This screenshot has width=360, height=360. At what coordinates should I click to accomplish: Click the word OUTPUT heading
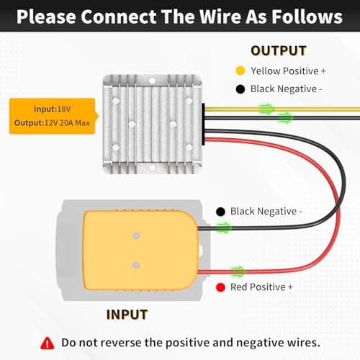click(x=279, y=51)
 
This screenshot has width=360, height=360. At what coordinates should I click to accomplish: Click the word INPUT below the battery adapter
click(x=127, y=315)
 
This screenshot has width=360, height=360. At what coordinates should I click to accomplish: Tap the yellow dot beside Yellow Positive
click(x=240, y=71)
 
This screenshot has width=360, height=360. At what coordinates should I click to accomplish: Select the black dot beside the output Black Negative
click(x=240, y=89)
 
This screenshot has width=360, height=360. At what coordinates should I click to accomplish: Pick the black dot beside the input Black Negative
click(x=220, y=212)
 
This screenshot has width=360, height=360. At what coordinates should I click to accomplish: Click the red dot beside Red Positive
click(x=220, y=287)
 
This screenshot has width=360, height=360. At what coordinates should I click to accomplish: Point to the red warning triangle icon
click(x=48, y=343)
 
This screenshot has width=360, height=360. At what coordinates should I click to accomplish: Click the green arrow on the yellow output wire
click(x=266, y=109)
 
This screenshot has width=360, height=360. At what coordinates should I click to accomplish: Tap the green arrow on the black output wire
click(x=285, y=117)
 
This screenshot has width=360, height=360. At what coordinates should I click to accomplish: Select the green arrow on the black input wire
click(x=224, y=228)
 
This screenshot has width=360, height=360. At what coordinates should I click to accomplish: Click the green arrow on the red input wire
click(x=238, y=271)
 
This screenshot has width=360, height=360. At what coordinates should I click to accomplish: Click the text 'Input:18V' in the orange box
click(x=53, y=109)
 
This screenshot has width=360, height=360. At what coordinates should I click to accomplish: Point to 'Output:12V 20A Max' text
click(x=52, y=123)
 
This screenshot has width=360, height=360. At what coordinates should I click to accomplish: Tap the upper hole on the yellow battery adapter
click(x=136, y=235)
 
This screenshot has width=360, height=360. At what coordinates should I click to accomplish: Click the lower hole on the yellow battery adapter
click(x=136, y=265)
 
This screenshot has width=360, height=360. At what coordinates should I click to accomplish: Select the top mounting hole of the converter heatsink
click(x=152, y=81)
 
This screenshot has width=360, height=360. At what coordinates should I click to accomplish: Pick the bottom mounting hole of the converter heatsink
click(x=152, y=168)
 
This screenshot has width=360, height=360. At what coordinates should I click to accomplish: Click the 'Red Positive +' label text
click(x=261, y=287)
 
